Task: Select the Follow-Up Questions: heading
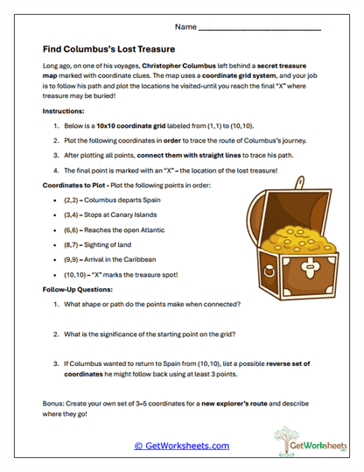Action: pos(80,288)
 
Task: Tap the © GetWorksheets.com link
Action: pos(181,445)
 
